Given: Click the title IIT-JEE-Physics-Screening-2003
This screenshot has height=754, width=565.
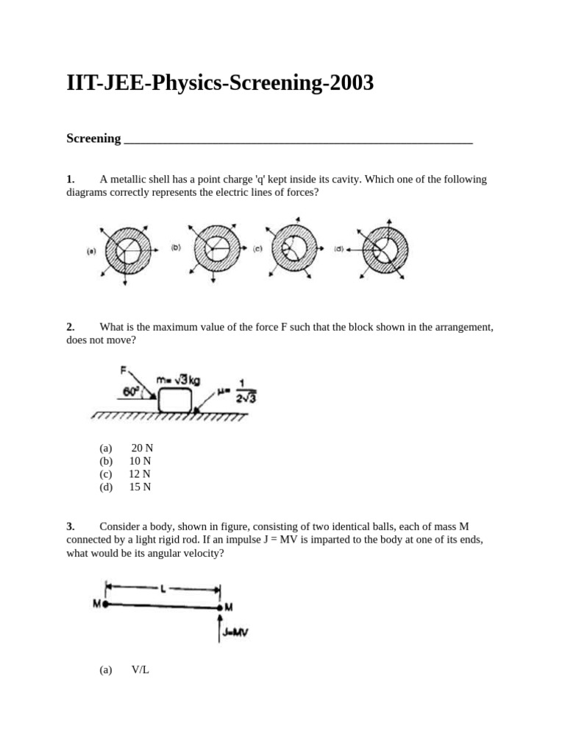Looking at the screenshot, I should point(220,84).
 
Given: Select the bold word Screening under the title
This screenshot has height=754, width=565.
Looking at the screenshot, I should point(93,138).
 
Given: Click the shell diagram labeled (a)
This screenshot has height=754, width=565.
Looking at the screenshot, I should point(124,250).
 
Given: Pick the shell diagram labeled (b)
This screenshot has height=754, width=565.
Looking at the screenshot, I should point(214,249).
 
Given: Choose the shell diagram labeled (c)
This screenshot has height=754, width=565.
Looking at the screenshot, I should point(294,249).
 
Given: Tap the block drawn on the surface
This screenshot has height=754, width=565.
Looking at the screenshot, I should point(174,401).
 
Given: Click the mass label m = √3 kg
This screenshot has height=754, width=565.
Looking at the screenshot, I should point(178,379).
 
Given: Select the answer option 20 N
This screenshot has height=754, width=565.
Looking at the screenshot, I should point(142,448).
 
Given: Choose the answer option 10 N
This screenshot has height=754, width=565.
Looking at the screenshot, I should point(140,461).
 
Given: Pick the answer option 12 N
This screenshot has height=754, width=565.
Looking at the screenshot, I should point(140,473).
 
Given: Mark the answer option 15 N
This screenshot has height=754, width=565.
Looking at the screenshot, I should point(140,487).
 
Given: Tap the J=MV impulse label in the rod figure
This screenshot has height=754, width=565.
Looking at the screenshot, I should point(234,631).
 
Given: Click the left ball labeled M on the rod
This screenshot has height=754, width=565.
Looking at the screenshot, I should point(105,604).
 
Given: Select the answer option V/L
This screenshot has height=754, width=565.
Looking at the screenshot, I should point(140,669).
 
